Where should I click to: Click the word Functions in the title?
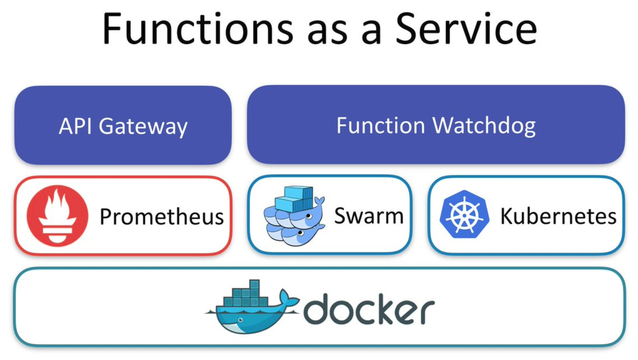(x=198, y=29)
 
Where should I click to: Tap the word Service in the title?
(x=466, y=29)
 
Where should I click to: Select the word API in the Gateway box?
(x=75, y=126)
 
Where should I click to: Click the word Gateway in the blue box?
(x=143, y=127)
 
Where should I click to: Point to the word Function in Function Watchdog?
(x=381, y=125)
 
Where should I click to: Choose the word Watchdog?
(x=484, y=127)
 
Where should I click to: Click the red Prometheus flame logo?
(x=57, y=216)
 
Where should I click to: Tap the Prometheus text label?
(x=162, y=217)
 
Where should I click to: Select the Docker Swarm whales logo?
(x=295, y=216)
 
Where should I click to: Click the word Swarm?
(x=369, y=216)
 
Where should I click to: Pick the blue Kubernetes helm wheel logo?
(x=464, y=214)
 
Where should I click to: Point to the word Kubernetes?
(x=558, y=216)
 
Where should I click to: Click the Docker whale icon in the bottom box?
(x=253, y=307)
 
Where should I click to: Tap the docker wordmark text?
(x=369, y=309)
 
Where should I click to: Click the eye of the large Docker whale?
(x=241, y=320)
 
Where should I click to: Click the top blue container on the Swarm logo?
(x=298, y=193)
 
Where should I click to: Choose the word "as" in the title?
(x=328, y=33)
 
